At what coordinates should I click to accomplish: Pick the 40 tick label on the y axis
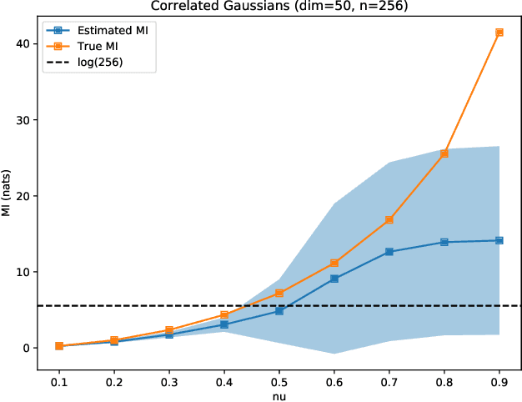pyautogui.click(x=23, y=44)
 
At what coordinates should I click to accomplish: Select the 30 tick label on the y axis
pyautogui.click(x=23, y=120)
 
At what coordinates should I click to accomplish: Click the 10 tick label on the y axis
pyautogui.click(x=23, y=272)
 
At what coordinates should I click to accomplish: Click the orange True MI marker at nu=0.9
pyautogui.click(x=499, y=33)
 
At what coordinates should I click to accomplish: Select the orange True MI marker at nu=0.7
pyautogui.click(x=389, y=220)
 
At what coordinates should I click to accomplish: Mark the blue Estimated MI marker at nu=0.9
pyautogui.click(x=499, y=240)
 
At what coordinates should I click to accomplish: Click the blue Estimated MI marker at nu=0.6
pyautogui.click(x=334, y=279)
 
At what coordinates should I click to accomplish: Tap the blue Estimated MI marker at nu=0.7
pyautogui.click(x=389, y=252)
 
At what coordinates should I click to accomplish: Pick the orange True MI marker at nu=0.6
pyautogui.click(x=334, y=264)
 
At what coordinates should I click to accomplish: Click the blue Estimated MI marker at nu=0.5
pyautogui.click(x=279, y=310)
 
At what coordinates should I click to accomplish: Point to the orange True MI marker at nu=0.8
pyautogui.click(x=444, y=153)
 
